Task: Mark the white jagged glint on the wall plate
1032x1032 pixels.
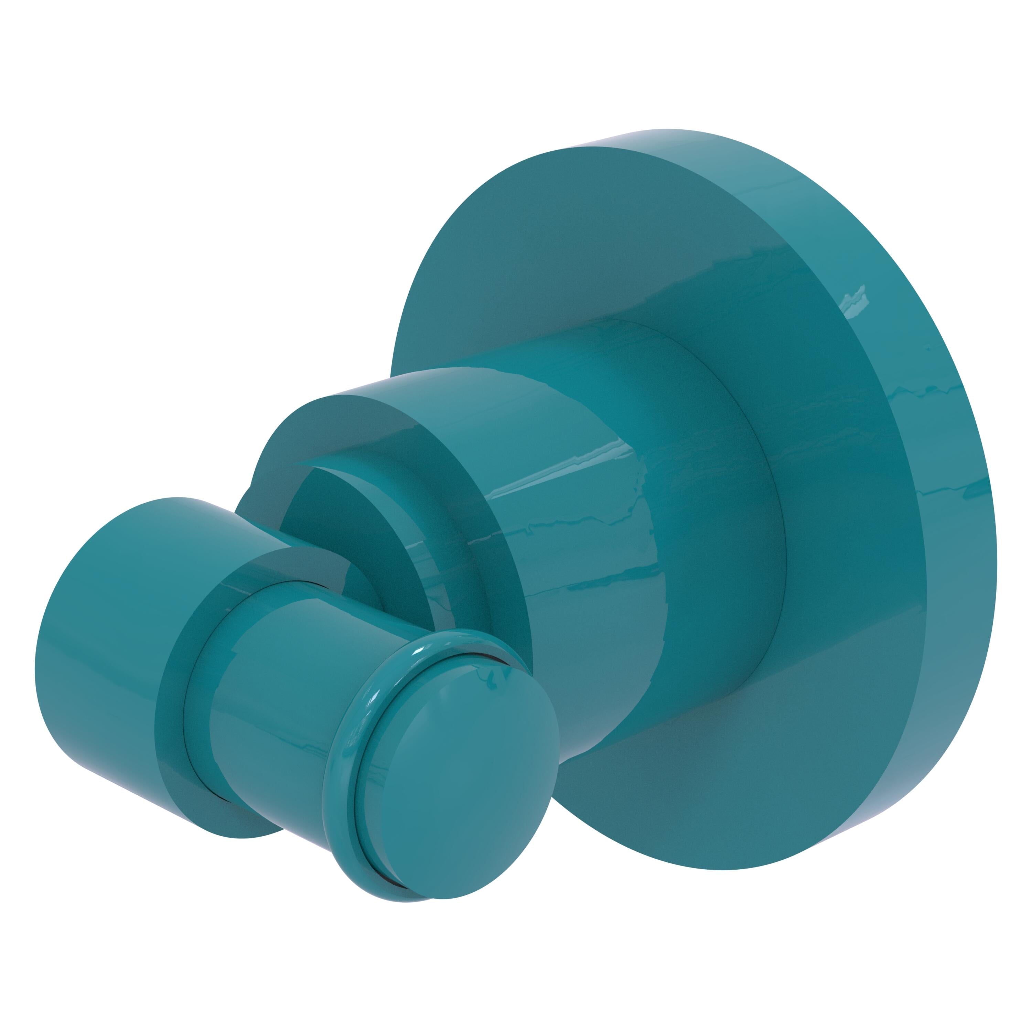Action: pyautogui.click(x=854, y=299)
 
